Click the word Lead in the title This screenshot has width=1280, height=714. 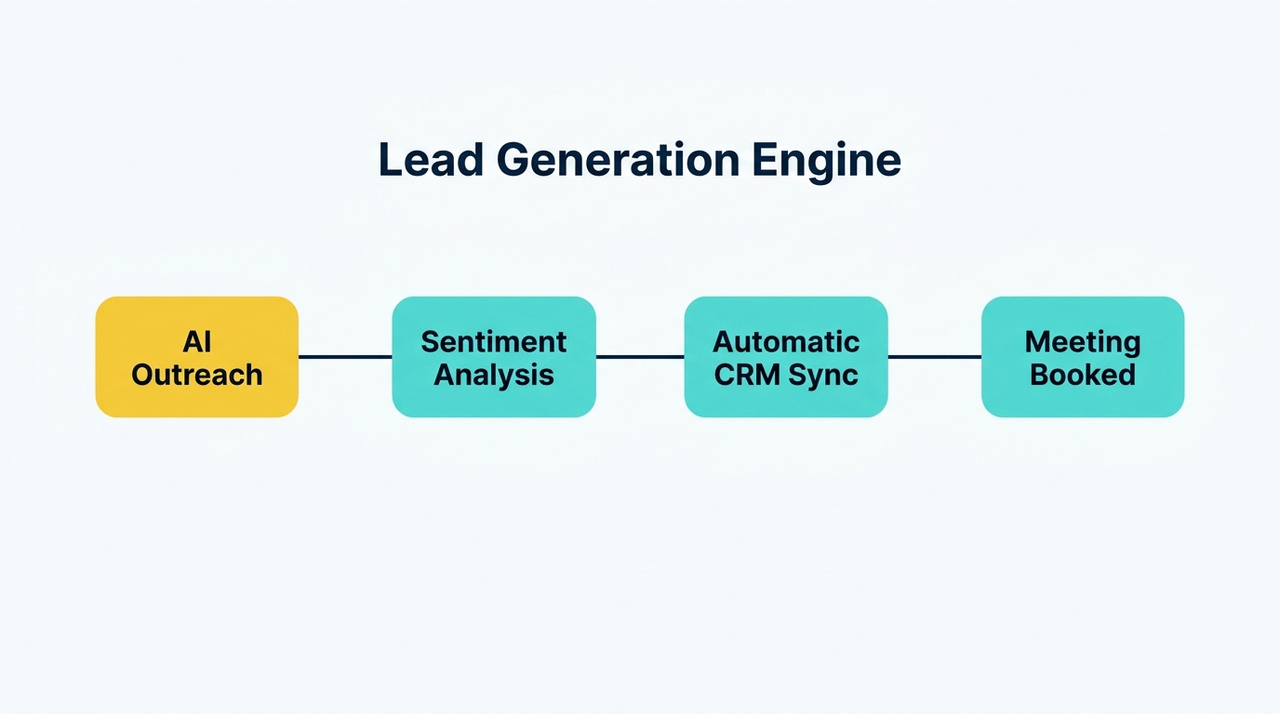pyautogui.click(x=431, y=161)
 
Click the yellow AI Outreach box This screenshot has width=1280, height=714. pyautogui.click(x=197, y=357)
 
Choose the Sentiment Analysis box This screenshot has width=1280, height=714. pyautogui.click(x=493, y=357)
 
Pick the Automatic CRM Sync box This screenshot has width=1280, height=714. pyautogui.click(x=786, y=357)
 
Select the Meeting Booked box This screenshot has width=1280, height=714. pyautogui.click(x=1083, y=357)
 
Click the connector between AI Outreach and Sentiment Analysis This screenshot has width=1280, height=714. pyautogui.click(x=345, y=356)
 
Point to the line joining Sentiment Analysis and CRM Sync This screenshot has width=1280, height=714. pyautogui.click(x=640, y=356)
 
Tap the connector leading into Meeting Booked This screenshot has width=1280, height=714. pyautogui.click(x=935, y=356)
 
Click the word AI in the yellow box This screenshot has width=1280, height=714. pyautogui.click(x=197, y=341)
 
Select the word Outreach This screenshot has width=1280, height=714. pyautogui.click(x=197, y=375)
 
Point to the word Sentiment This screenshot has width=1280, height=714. pyautogui.click(x=493, y=341)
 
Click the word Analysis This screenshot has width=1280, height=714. pyautogui.click(x=493, y=375)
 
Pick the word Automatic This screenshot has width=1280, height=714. pyautogui.click(x=786, y=341)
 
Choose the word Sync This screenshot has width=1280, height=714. pyautogui.click(x=824, y=375)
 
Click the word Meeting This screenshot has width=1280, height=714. pyautogui.click(x=1083, y=341)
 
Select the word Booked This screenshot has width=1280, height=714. pyautogui.click(x=1083, y=375)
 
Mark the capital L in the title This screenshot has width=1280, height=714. pyautogui.click(x=389, y=161)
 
